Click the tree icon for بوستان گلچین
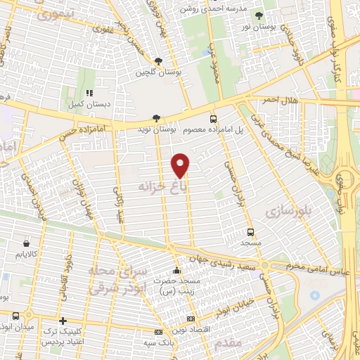157,61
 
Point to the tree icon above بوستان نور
259,15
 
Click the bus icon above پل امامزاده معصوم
213,119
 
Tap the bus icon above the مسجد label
251,231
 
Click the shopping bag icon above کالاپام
26,240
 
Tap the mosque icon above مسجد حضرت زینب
176,269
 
